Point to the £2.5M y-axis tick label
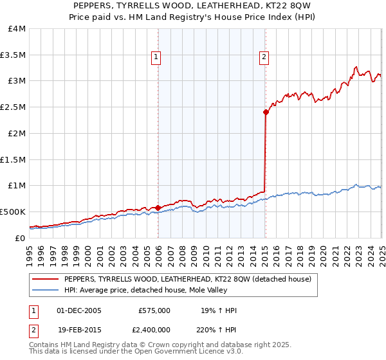click(13, 107)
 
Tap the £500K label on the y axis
click(13, 212)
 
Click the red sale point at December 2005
click(158, 208)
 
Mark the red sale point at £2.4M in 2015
click(266, 112)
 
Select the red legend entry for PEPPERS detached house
click(187, 279)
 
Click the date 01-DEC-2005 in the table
click(80, 310)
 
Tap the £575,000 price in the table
click(154, 310)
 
